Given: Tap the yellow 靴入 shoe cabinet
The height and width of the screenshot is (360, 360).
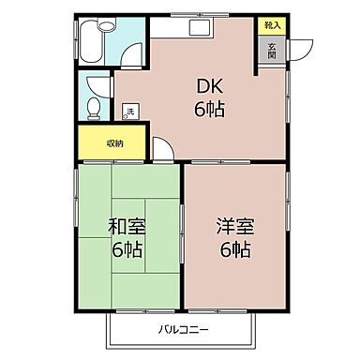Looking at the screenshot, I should click(x=272, y=26).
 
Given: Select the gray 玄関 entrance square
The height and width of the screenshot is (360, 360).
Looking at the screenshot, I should click(x=272, y=51).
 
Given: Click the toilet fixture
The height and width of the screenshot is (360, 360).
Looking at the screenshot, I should click(x=95, y=107).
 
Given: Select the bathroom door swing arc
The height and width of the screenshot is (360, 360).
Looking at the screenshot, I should click(x=132, y=52).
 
